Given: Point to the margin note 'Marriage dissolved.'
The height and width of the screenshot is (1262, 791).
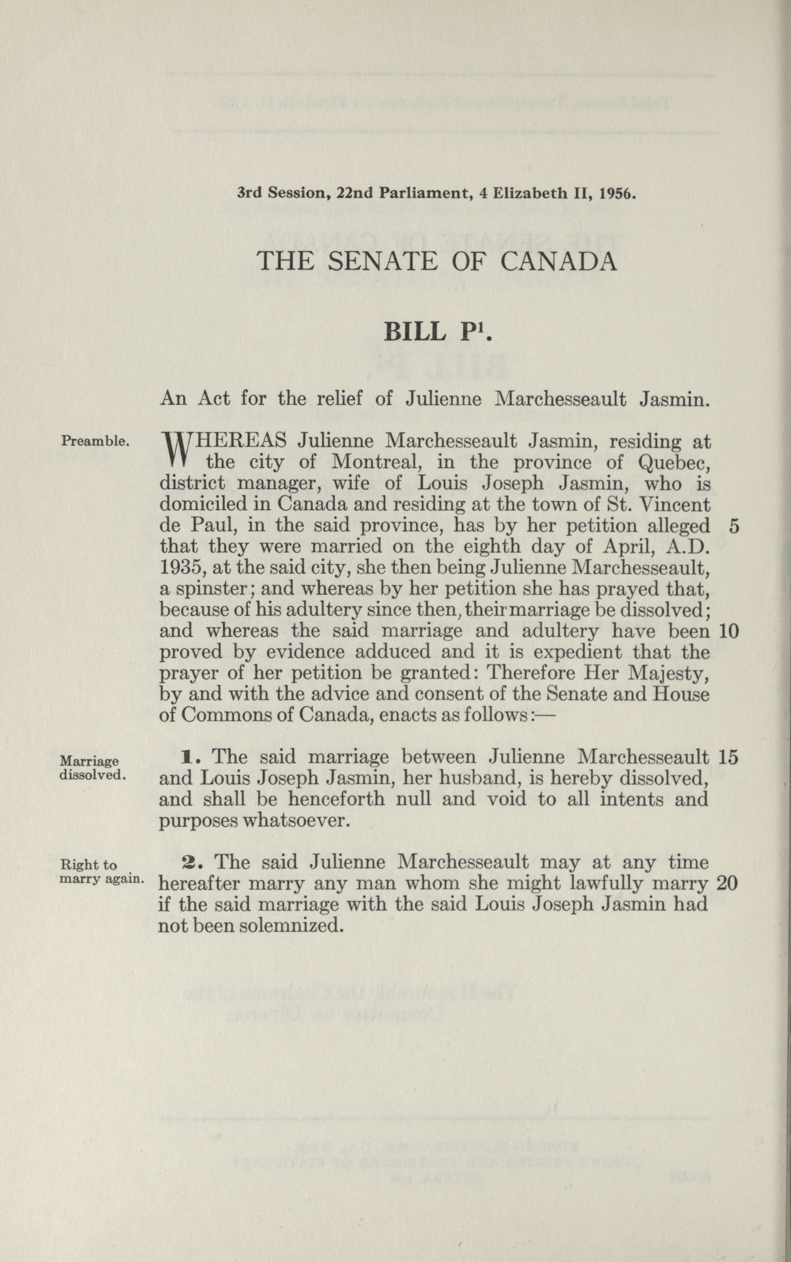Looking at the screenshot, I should tap(92, 768).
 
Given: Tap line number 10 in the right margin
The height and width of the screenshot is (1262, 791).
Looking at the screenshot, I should tap(728, 631).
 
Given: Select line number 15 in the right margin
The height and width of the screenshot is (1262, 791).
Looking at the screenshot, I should tap(728, 757).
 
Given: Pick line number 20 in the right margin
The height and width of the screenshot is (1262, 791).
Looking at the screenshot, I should tap(727, 883).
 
